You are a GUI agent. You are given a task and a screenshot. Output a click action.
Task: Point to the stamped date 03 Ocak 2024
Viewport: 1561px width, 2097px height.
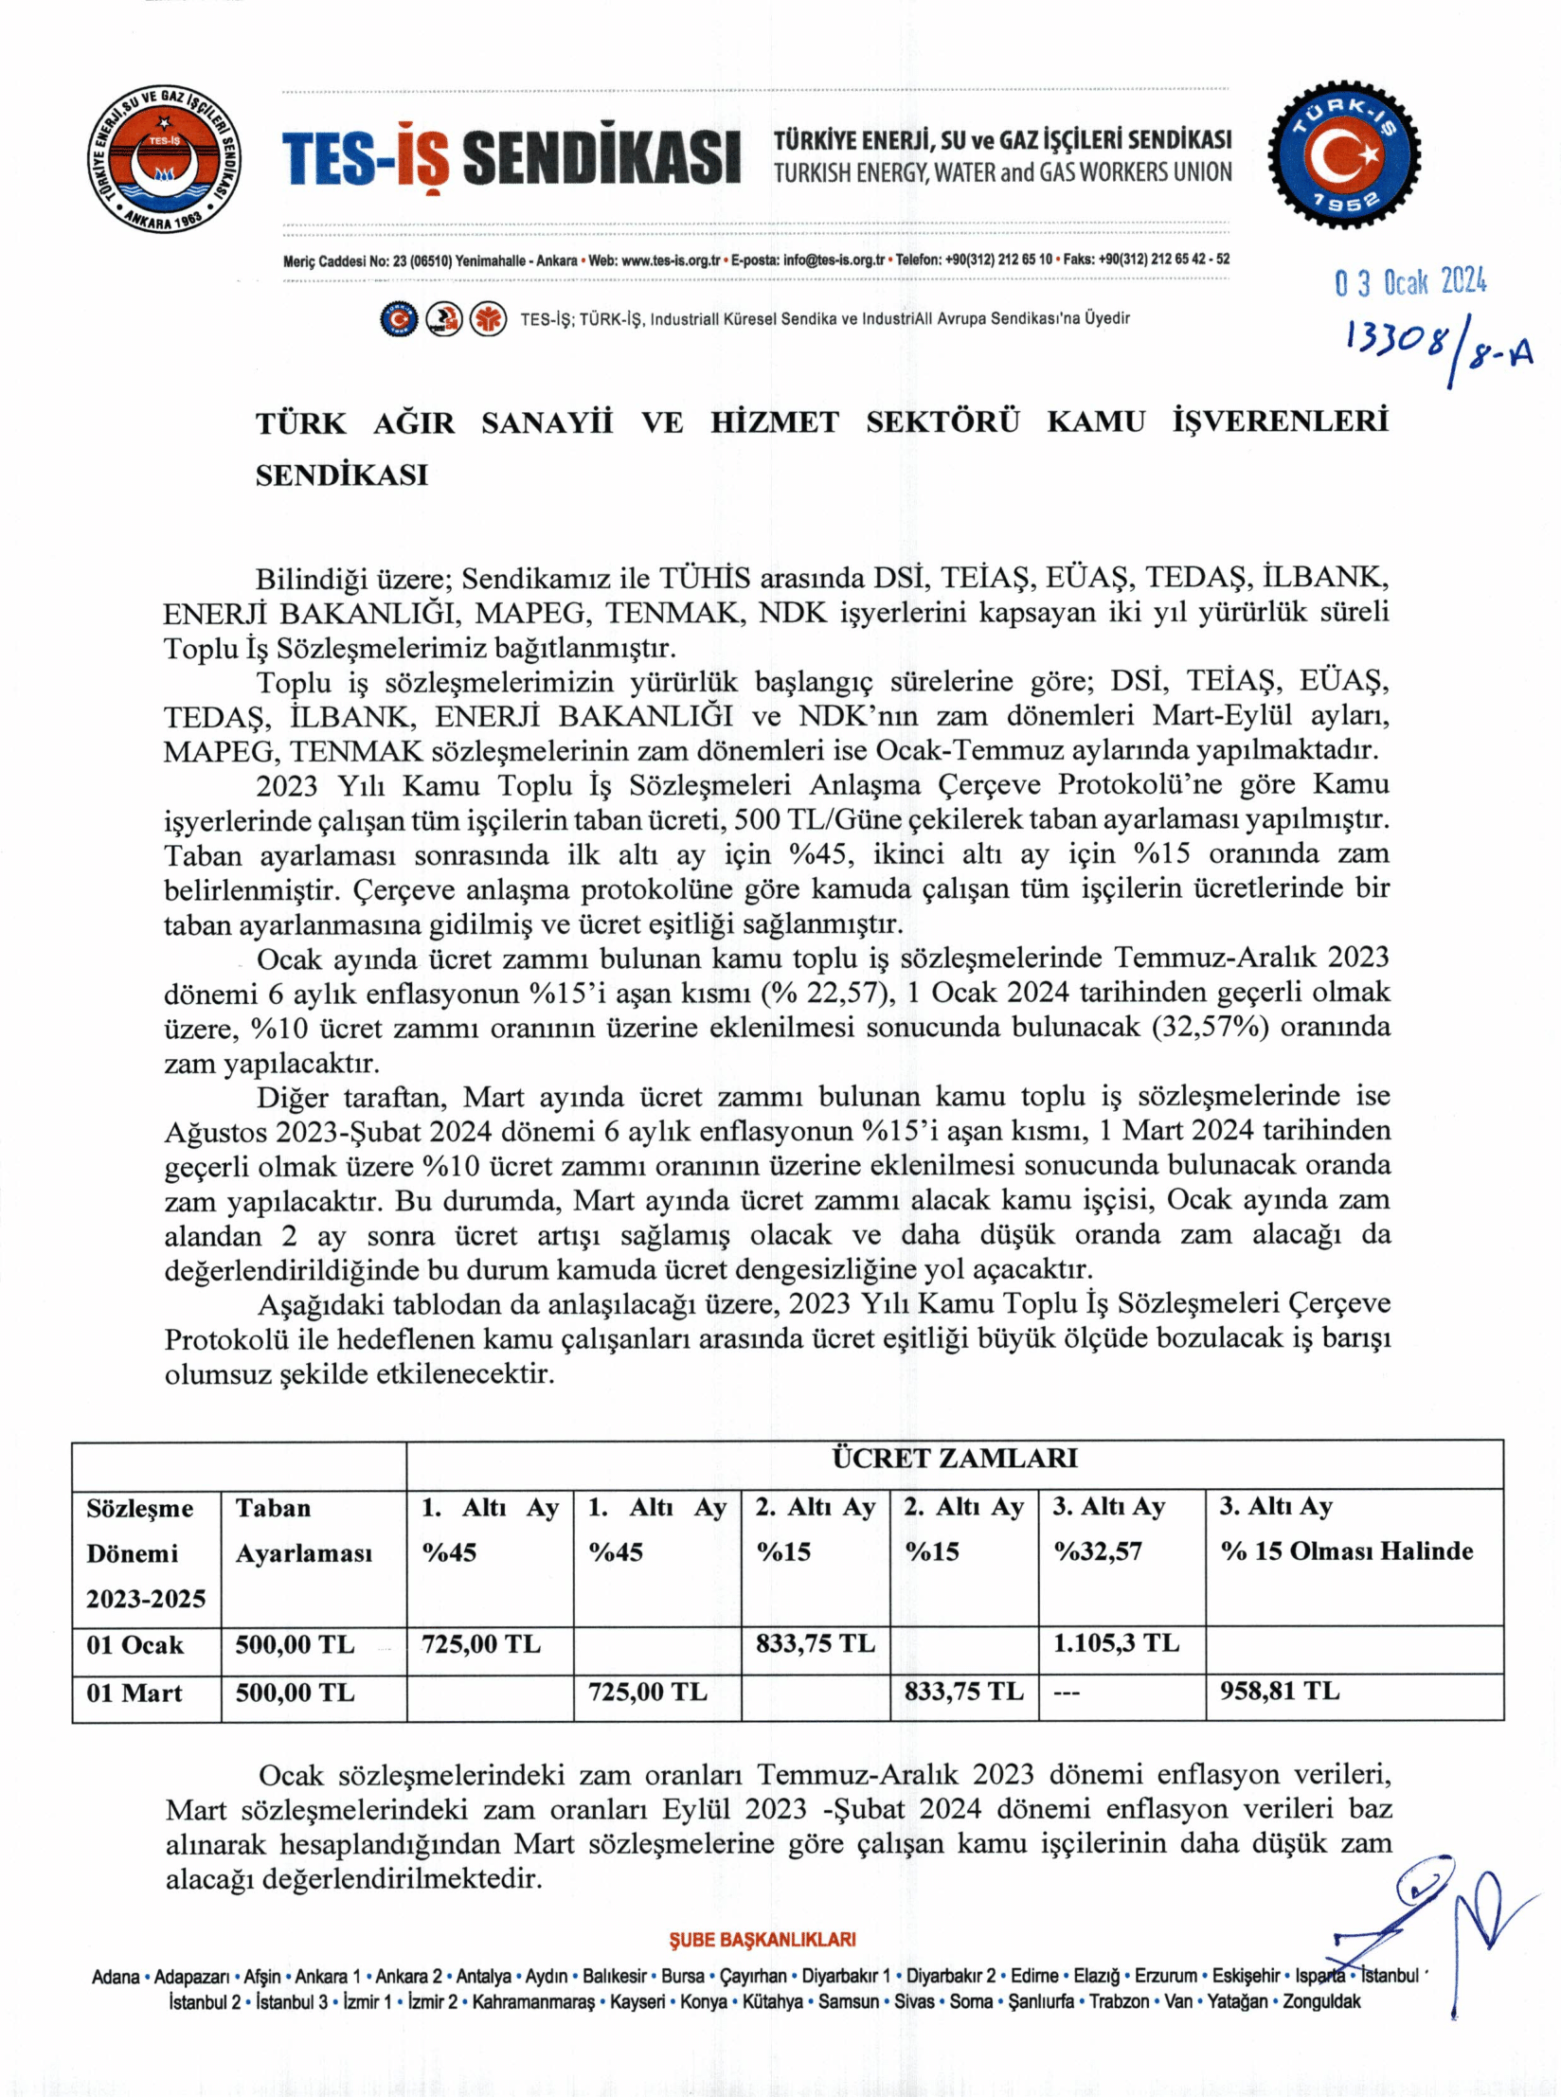pos(1410,282)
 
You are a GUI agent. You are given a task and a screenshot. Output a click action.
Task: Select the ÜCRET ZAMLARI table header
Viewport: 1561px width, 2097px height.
pos(954,1458)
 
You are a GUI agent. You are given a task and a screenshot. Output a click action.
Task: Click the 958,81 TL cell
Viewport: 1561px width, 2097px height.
pos(1279,1691)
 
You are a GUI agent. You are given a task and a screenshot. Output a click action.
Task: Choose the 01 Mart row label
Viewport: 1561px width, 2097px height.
pos(135,1693)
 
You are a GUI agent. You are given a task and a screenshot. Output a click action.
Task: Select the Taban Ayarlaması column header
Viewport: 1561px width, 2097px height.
pos(303,1531)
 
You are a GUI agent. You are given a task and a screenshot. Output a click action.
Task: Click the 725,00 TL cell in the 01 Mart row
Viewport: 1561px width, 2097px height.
pos(647,1692)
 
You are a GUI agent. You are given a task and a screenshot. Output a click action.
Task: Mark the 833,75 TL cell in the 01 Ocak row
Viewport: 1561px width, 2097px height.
pos(815,1643)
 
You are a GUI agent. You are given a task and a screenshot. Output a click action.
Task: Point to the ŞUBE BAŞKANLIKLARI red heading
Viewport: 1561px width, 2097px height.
pos(762,1940)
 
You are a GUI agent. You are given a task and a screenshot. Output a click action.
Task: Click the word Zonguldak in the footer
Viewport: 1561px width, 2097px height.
pos(1321,2001)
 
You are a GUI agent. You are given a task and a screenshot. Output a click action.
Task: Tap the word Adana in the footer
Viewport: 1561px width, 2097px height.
pos(116,1977)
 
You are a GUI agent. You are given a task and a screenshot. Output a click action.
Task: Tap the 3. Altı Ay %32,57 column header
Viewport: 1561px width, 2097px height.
pos(1108,1529)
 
